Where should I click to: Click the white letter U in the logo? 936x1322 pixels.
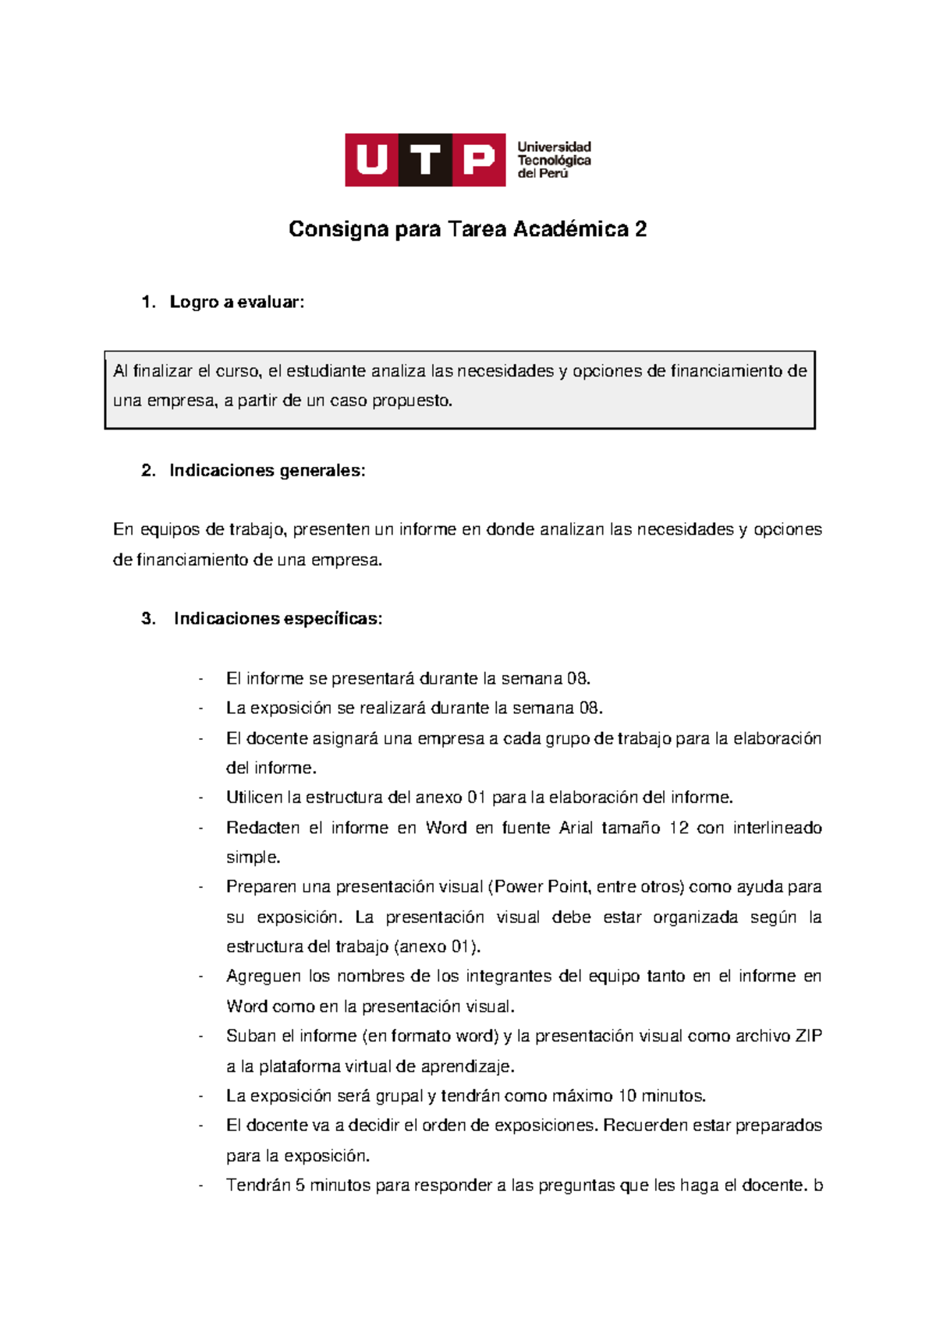(372, 160)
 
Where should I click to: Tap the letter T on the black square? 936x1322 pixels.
(425, 160)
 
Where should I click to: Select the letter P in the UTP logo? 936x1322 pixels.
(479, 160)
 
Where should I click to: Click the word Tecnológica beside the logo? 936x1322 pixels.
(554, 161)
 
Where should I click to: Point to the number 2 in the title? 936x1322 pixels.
(640, 229)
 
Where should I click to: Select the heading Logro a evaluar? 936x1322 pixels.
(236, 302)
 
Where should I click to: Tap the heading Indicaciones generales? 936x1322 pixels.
(267, 471)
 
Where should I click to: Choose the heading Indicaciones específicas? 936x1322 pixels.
(278, 619)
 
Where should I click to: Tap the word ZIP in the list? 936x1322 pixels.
(808, 1036)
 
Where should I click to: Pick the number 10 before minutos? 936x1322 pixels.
(627, 1096)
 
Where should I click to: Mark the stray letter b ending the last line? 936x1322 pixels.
(817, 1186)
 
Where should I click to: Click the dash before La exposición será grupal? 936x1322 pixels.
(201, 1096)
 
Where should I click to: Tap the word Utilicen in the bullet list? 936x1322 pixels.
(254, 797)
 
